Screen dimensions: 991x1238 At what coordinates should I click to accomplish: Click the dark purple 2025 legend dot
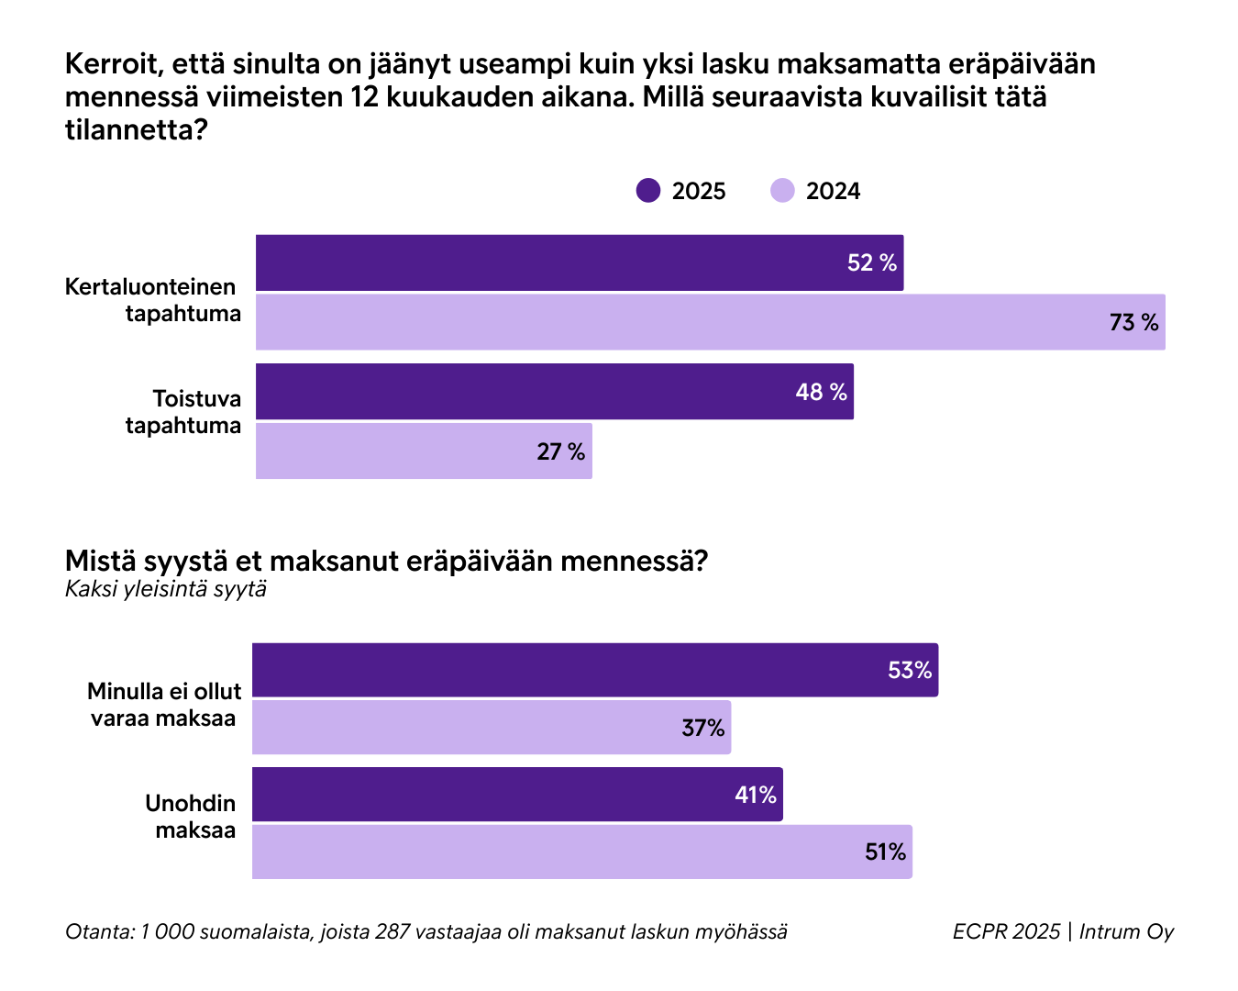(x=648, y=191)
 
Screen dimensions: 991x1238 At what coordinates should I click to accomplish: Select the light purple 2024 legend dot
(x=782, y=191)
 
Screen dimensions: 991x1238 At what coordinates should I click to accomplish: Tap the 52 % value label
(x=871, y=263)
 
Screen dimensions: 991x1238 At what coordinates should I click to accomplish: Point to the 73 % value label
(x=1133, y=323)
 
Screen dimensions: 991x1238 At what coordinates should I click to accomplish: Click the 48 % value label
(x=821, y=393)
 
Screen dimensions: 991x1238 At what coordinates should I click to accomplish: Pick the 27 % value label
(x=560, y=451)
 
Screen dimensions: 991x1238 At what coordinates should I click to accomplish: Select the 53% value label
(x=909, y=671)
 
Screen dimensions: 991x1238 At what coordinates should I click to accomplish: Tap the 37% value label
(x=702, y=729)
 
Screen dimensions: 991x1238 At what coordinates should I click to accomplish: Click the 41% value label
(x=755, y=796)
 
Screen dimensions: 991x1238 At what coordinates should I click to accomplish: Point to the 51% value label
(x=885, y=852)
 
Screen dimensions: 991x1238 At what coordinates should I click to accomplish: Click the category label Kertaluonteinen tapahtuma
(x=152, y=300)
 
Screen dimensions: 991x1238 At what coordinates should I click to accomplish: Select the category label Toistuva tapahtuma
(x=183, y=412)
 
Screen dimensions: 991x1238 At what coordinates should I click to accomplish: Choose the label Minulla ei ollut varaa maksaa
(x=163, y=705)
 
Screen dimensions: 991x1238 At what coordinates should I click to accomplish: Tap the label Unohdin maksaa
(x=191, y=817)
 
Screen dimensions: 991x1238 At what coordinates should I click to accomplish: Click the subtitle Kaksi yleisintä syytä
(x=166, y=589)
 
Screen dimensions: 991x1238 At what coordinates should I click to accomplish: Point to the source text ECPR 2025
(x=1006, y=931)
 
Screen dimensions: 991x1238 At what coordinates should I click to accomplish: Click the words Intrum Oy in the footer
(x=1126, y=931)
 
